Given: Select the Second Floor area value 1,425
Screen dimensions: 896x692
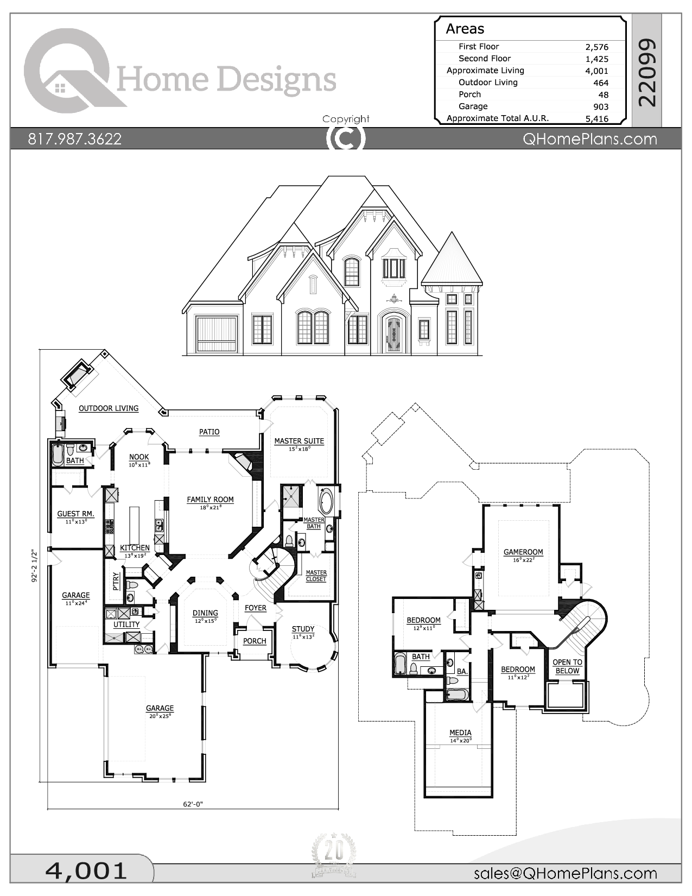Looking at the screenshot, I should tap(596, 59).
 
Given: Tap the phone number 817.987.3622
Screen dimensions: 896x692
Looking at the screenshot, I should tap(75, 139).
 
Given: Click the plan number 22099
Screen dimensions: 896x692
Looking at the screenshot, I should tap(647, 72).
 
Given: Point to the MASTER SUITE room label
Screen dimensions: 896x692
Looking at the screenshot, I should tap(299, 441).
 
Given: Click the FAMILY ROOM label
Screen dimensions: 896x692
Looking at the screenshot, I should tap(210, 500).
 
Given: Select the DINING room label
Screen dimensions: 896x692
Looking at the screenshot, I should tap(205, 613).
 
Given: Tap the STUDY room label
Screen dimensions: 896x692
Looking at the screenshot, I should tap(303, 629).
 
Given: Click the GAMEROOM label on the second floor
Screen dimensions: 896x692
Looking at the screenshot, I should tap(523, 552).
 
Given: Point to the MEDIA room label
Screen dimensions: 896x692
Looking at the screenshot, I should tap(460, 733).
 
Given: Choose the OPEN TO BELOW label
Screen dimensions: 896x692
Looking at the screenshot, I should tap(567, 666).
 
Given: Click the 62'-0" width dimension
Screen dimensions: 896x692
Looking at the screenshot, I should tap(193, 804).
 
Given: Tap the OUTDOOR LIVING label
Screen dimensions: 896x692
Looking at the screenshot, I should tap(109, 408).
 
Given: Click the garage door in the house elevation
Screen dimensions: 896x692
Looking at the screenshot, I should tap(217, 334).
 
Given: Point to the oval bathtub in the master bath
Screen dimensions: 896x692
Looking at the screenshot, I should tap(327, 502).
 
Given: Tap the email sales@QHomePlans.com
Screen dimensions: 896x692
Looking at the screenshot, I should tap(565, 873).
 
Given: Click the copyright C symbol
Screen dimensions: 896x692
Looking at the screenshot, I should tap(346, 138).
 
